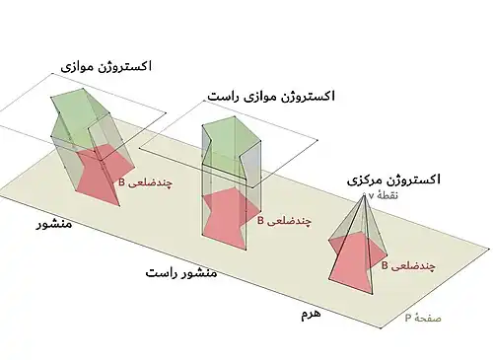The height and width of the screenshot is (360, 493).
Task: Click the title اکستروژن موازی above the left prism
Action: (106, 67)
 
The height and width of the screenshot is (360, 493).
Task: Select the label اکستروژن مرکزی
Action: (393, 180)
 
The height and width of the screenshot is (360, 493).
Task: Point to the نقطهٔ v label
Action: (383, 195)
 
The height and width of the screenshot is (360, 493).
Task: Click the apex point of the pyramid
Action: (364, 196)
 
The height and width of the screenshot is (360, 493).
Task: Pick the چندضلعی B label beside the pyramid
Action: (408, 266)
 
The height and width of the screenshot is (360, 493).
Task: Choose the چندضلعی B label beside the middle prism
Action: (284, 221)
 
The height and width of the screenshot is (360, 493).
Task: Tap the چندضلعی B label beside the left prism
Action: (145, 182)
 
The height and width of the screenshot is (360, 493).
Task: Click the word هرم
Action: (311, 314)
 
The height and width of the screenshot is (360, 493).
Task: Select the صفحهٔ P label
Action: (423, 318)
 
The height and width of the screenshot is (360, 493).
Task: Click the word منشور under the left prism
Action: (54, 224)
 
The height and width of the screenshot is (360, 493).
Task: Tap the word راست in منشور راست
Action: (160, 273)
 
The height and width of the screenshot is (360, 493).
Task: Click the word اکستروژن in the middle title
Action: (308, 97)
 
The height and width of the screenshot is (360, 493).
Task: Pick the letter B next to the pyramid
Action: (385, 265)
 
